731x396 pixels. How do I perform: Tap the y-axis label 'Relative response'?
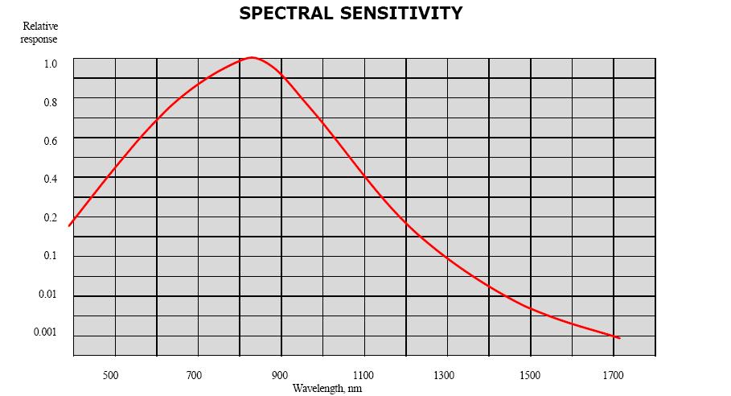coord(39,32)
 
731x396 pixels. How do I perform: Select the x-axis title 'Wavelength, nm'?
coord(327,388)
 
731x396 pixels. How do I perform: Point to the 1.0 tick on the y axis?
coord(51,64)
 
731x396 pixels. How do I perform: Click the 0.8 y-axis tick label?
coord(51,102)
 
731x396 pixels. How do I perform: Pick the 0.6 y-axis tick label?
coord(51,141)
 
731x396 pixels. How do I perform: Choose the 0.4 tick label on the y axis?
coord(51,179)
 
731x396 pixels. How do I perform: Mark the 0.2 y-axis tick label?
coord(51,217)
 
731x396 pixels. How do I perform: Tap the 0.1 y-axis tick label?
coord(51,256)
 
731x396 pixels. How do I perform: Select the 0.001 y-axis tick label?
coord(46,332)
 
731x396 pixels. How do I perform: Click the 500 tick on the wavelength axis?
coord(110,374)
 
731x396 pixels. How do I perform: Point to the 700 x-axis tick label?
coord(194,374)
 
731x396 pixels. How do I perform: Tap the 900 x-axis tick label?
coord(278,374)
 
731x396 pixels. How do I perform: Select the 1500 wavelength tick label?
coord(529,374)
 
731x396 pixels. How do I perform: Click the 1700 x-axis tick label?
coord(612,374)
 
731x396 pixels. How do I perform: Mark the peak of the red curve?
coord(252,58)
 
